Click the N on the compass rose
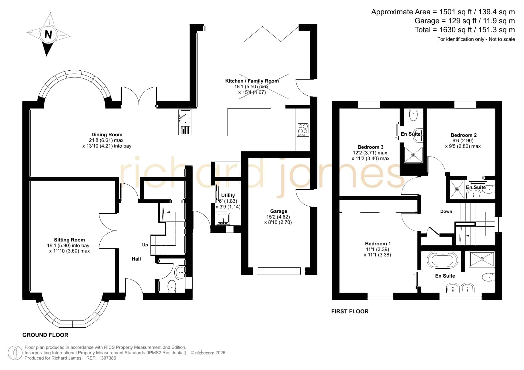(48, 35)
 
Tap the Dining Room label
(107, 134)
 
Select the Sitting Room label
(70, 240)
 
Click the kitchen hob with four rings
(303, 130)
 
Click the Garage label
(279, 211)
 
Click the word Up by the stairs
(145, 245)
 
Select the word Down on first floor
(446, 211)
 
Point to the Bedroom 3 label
(371, 147)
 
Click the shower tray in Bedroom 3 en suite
(414, 155)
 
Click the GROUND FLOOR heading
(45, 335)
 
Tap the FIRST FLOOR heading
(350, 311)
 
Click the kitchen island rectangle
(249, 122)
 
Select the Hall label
(136, 259)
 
